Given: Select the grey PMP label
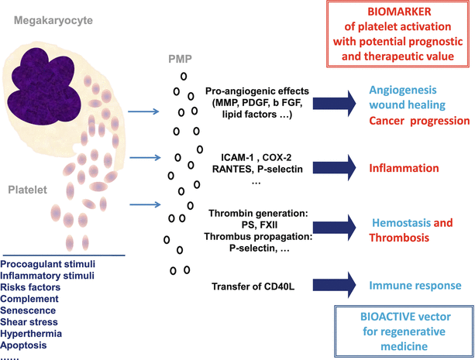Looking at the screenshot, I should point(181,58).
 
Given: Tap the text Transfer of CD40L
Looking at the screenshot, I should point(251,287).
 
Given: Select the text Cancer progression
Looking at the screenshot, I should point(419,122).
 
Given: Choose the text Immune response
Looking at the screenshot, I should point(415,285).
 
